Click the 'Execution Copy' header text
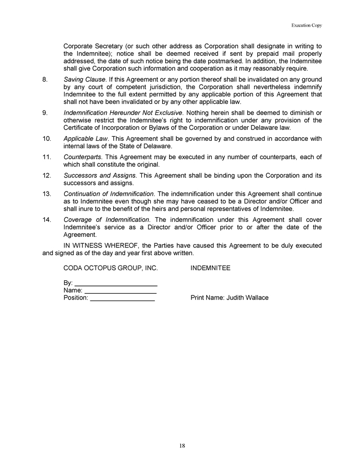point(307,25)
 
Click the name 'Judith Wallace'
point(247,297)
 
